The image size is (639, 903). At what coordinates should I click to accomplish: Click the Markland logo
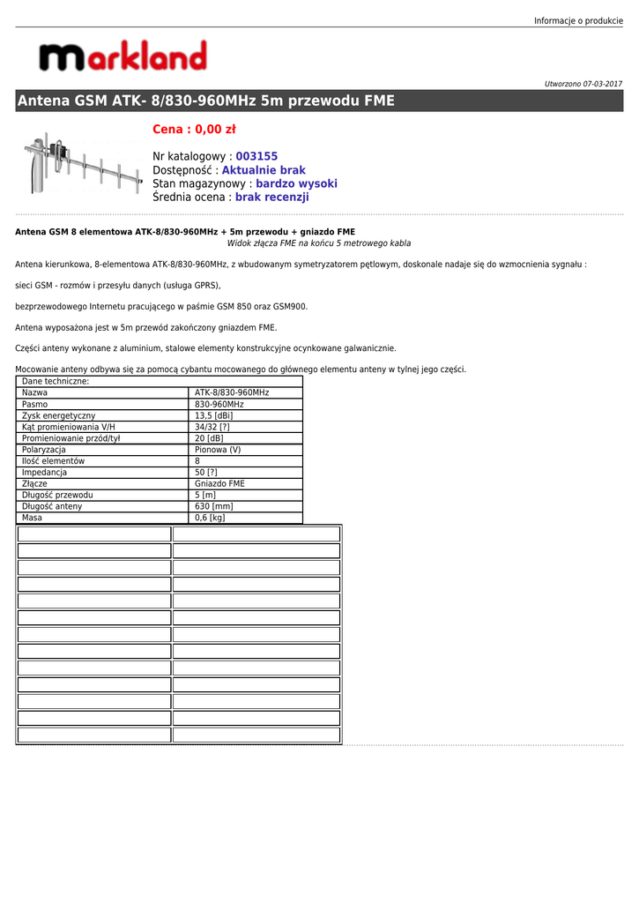point(123,56)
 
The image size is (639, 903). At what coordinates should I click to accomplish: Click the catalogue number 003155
point(256,157)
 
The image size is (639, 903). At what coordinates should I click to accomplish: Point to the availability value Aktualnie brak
point(264,170)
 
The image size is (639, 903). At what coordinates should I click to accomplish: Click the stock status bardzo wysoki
point(296,184)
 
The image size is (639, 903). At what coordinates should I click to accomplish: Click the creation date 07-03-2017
point(602,84)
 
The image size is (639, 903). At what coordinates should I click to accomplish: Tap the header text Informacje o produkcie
point(578,20)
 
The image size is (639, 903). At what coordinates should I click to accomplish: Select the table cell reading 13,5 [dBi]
point(213,415)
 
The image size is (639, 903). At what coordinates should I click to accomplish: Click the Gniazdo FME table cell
point(219,484)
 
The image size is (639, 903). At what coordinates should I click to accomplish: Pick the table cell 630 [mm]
point(213,507)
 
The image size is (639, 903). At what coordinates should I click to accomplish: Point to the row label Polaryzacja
point(44,450)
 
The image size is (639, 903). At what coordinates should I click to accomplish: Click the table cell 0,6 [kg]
point(210,519)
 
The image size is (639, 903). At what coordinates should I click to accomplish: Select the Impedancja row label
point(44,473)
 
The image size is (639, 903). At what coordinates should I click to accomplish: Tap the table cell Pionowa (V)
point(218,450)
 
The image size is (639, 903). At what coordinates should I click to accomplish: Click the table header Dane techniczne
point(56,382)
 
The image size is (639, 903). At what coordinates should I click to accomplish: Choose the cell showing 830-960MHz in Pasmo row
point(219,404)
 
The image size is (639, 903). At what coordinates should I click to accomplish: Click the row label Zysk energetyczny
point(58,415)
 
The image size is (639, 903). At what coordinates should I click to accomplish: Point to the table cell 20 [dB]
point(209,438)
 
